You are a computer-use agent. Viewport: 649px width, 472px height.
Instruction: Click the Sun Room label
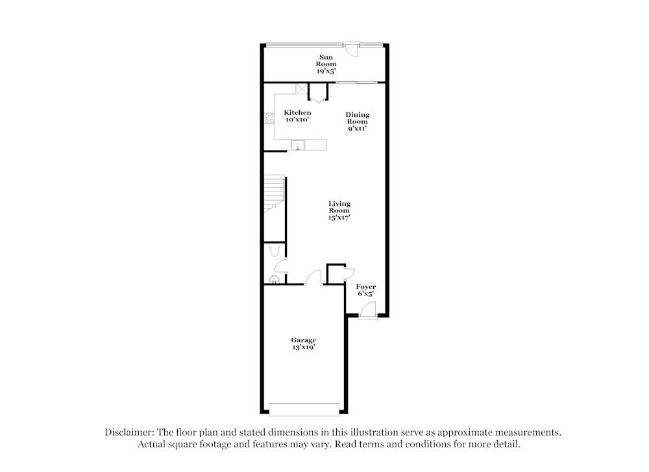pyautogui.click(x=326, y=64)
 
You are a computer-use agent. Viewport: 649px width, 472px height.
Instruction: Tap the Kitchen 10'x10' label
pyautogui.click(x=297, y=116)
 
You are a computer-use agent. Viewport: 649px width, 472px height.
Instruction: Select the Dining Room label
pyautogui.click(x=357, y=121)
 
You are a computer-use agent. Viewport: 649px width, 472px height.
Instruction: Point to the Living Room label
pyautogui.click(x=339, y=210)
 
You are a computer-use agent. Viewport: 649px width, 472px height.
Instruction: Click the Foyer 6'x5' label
pyautogui.click(x=367, y=290)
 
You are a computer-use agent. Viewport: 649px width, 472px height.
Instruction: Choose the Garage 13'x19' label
pyautogui.click(x=303, y=343)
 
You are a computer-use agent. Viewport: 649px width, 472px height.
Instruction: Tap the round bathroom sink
pyautogui.click(x=274, y=280)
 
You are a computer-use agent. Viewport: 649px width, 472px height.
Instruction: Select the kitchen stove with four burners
pyautogui.click(x=269, y=119)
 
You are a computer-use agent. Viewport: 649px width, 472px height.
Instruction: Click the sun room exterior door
pyautogui.click(x=351, y=49)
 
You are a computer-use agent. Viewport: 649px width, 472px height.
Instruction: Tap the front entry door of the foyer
pyautogui.click(x=367, y=313)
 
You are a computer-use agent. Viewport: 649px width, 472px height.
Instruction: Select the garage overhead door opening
pyautogui.click(x=304, y=409)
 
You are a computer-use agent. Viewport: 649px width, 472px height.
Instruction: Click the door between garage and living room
pyautogui.click(x=313, y=278)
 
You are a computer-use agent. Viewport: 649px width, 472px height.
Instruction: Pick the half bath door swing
pyautogui.click(x=280, y=266)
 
